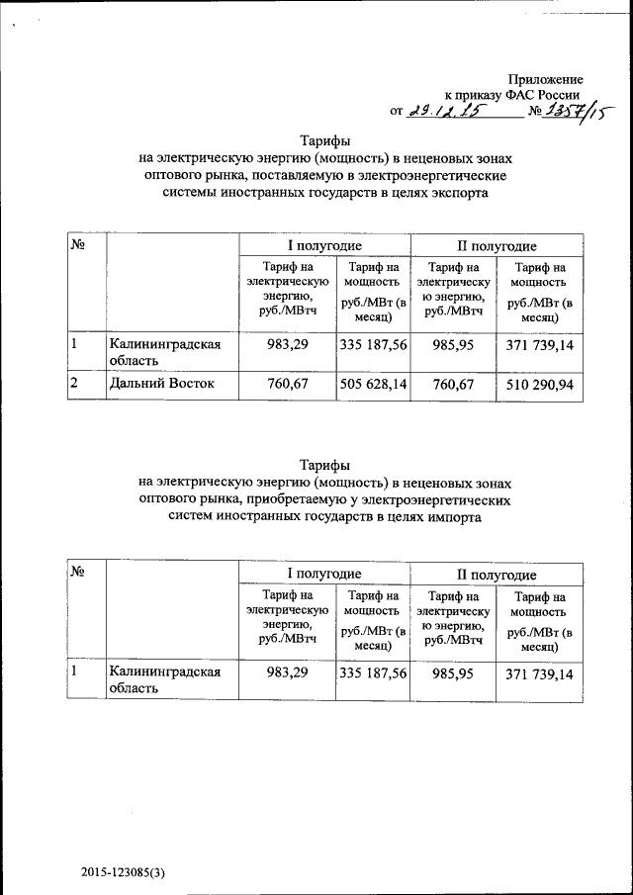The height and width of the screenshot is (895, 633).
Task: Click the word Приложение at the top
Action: pyautogui.click(x=545, y=79)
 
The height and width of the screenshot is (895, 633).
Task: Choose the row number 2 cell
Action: pyautogui.click(x=73, y=383)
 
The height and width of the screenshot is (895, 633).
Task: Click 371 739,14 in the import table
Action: pyautogui.click(x=539, y=673)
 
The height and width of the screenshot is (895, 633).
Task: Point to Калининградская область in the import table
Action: pyautogui.click(x=163, y=680)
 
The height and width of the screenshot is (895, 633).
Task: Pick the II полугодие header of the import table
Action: pyautogui.click(x=497, y=574)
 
